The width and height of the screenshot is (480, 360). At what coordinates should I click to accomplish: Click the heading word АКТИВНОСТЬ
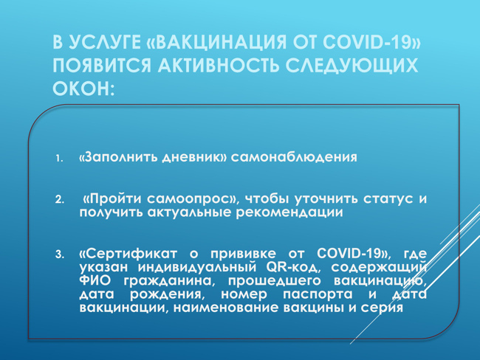coord(219,65)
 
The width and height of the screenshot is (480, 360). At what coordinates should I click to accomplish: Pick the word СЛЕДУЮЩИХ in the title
coord(352,66)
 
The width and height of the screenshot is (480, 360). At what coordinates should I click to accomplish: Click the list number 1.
coord(59,159)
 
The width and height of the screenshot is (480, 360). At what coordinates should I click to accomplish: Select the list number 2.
coord(59,200)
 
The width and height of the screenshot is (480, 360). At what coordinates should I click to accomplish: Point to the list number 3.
coord(59,255)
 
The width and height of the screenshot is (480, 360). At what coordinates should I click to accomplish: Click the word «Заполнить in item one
coord(118,157)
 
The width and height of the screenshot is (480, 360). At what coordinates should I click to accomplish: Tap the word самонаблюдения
coord(294,158)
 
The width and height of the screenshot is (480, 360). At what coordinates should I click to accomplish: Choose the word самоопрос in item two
coord(190,198)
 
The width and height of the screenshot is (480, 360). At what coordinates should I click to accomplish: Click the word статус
coord(388,198)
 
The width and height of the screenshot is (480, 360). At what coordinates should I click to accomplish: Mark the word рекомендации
coord(289,212)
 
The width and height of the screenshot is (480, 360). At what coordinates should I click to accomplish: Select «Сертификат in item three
coord(128,254)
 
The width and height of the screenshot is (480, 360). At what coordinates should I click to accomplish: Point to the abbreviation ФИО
coord(95,281)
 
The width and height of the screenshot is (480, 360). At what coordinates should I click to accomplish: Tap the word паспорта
coord(318,294)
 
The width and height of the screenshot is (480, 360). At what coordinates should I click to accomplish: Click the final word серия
coord(382,308)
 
